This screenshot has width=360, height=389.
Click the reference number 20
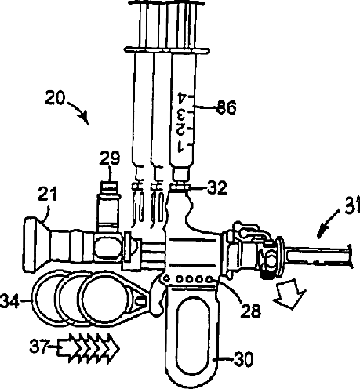(x=55, y=98)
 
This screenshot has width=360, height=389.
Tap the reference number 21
(x=47, y=194)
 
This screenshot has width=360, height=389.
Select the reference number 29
(x=110, y=158)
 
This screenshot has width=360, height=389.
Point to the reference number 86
(x=227, y=107)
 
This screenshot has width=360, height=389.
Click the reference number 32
(x=217, y=187)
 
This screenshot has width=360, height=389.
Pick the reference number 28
(x=251, y=311)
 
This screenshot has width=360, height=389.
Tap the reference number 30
(x=243, y=359)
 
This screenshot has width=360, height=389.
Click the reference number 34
(x=10, y=301)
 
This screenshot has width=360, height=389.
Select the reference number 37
(x=39, y=347)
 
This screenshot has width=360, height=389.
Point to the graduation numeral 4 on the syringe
(x=183, y=97)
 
